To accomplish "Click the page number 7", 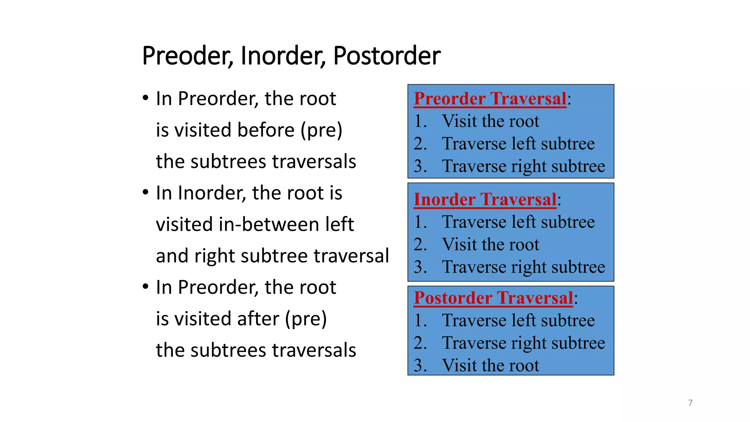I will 690,403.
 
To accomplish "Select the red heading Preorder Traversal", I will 490,99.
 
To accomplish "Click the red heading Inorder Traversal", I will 485,200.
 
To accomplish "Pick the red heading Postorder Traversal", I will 493,298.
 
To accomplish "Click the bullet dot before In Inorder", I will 146,192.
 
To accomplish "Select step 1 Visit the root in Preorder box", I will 490,121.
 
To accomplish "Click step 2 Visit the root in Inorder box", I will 490,245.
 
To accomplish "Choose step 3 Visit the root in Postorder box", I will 490,366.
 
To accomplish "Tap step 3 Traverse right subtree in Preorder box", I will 523,166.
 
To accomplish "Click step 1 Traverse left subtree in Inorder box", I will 518,222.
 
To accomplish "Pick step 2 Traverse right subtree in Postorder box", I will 523,343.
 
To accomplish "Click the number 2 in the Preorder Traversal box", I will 420,144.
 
